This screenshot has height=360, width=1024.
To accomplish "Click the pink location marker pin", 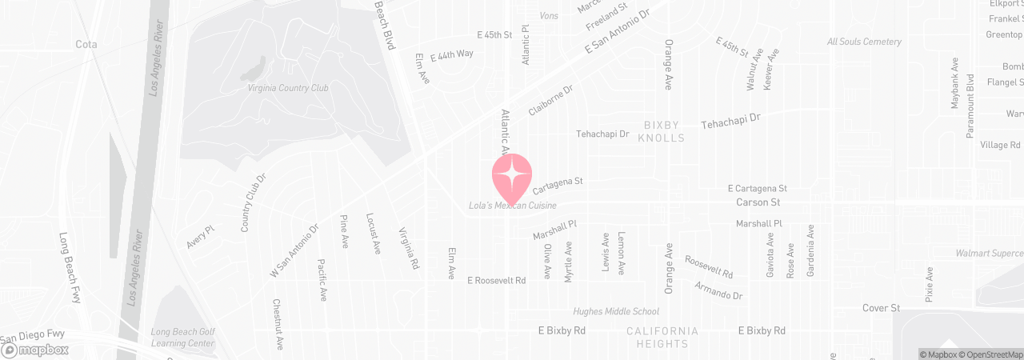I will pyautogui.click(x=512, y=176).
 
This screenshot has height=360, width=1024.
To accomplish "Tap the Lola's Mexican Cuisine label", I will pyautogui.click(x=523, y=206).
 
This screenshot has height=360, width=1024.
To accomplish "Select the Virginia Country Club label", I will pyautogui.click(x=288, y=88).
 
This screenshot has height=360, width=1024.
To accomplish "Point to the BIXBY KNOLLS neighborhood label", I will pyautogui.click(x=662, y=131).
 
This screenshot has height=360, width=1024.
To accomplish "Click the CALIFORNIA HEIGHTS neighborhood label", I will pyautogui.click(x=662, y=338).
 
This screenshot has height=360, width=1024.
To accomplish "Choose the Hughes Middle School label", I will pyautogui.click(x=616, y=311).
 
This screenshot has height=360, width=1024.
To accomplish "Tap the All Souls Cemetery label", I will pyautogui.click(x=864, y=42).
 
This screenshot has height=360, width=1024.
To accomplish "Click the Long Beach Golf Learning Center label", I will pyautogui.click(x=183, y=338).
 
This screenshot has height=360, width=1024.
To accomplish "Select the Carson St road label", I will pyautogui.click(x=758, y=202).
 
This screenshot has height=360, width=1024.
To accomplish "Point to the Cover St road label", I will pyautogui.click(x=882, y=308).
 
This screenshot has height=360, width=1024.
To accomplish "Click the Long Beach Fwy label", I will pyautogui.click(x=70, y=267).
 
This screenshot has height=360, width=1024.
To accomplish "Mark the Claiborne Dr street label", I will pyautogui.click(x=551, y=103).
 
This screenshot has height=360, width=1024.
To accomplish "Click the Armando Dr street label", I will pyautogui.click(x=718, y=290).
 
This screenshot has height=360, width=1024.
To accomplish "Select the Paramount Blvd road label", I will pyautogui.click(x=970, y=106).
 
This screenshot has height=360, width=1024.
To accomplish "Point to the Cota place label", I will pyautogui.click(x=86, y=44).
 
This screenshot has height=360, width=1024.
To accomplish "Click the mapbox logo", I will pyautogui.click(x=35, y=350).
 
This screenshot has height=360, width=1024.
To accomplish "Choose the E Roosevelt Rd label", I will pyautogui.click(x=497, y=281).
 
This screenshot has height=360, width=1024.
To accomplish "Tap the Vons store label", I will pyautogui.click(x=550, y=15).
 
